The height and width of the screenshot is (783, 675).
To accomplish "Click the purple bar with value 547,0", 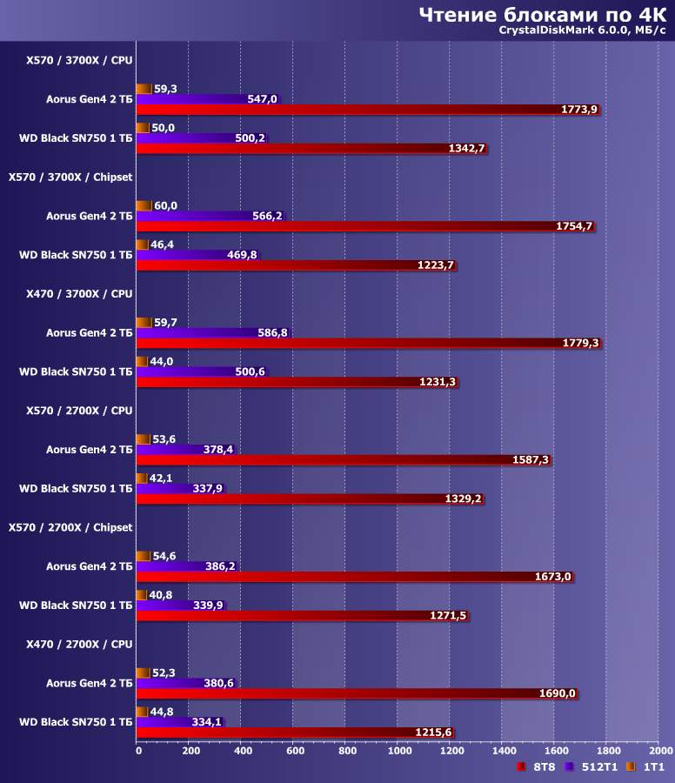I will (x=207, y=99).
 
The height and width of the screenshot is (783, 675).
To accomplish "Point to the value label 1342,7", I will (x=466, y=149).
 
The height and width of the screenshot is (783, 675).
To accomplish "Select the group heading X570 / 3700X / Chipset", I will (x=70, y=177).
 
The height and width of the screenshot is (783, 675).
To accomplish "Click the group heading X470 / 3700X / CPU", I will (x=79, y=293).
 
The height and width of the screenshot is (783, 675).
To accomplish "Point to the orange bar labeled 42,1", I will (x=144, y=478).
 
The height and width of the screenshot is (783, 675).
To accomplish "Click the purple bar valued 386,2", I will (x=186, y=565).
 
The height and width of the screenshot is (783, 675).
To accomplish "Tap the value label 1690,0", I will (x=557, y=693).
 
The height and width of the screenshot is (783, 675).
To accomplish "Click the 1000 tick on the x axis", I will (x=399, y=749).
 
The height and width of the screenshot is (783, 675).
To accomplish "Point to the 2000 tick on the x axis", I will (x=660, y=749).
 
